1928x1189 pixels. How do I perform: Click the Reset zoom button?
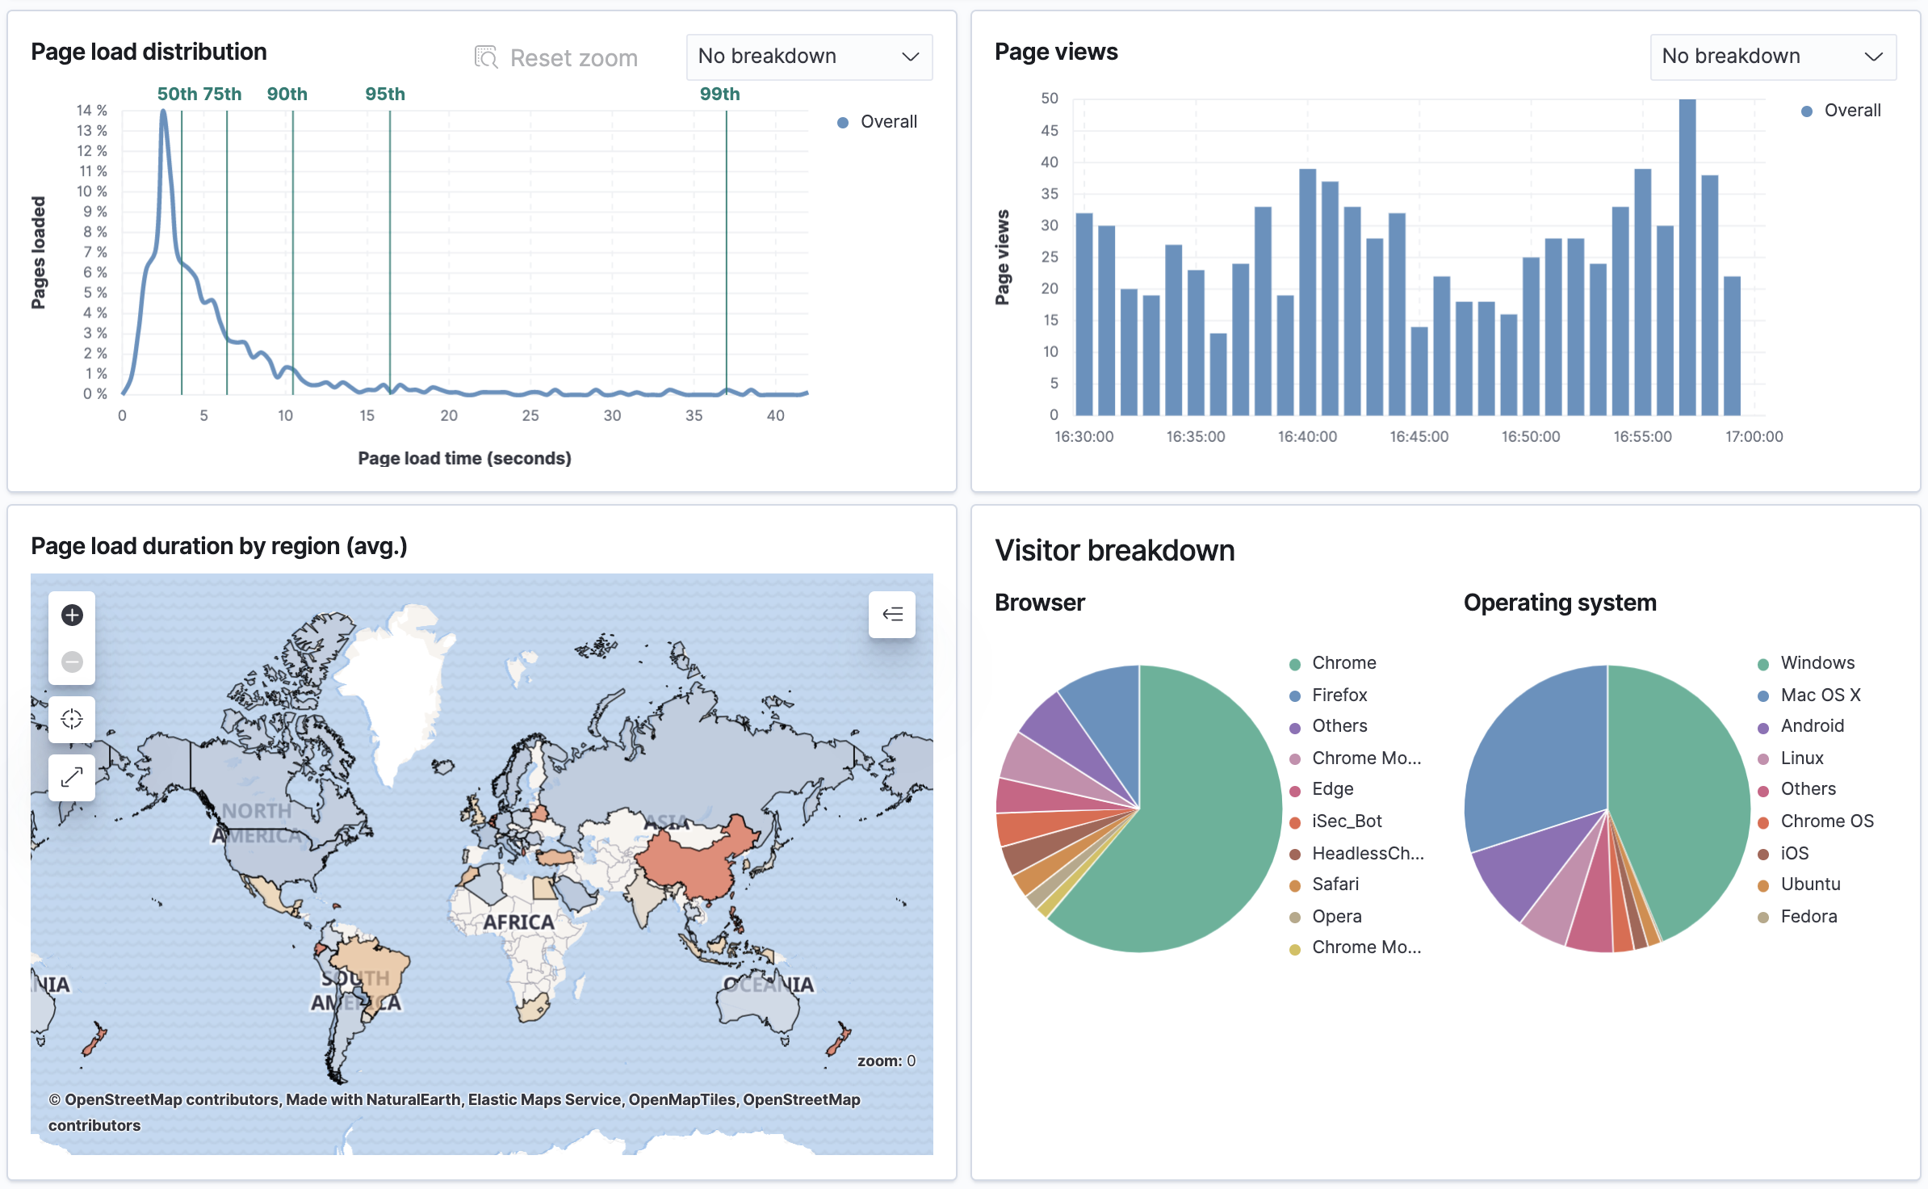(x=556, y=57)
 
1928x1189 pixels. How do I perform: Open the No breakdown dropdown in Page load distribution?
(x=808, y=57)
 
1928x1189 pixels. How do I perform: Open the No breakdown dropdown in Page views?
(x=1772, y=57)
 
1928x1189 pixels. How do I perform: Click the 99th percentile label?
(x=719, y=94)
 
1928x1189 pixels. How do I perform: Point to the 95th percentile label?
(x=384, y=94)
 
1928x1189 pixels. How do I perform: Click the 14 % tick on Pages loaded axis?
(x=91, y=110)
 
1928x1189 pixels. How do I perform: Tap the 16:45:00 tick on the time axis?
(x=1419, y=436)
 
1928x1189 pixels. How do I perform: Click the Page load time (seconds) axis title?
(x=464, y=458)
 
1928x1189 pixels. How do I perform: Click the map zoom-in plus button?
(x=72, y=615)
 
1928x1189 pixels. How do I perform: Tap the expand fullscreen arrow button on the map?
(x=72, y=777)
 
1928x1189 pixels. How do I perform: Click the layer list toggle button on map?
(x=891, y=615)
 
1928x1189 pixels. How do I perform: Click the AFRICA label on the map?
(x=518, y=922)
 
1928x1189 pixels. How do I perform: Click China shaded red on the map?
(x=694, y=860)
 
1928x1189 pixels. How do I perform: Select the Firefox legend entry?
(x=1339, y=695)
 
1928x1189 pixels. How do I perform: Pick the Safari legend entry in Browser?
(x=1335, y=884)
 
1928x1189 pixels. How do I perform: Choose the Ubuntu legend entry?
(x=1809, y=884)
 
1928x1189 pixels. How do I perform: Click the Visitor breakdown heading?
(x=1114, y=550)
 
